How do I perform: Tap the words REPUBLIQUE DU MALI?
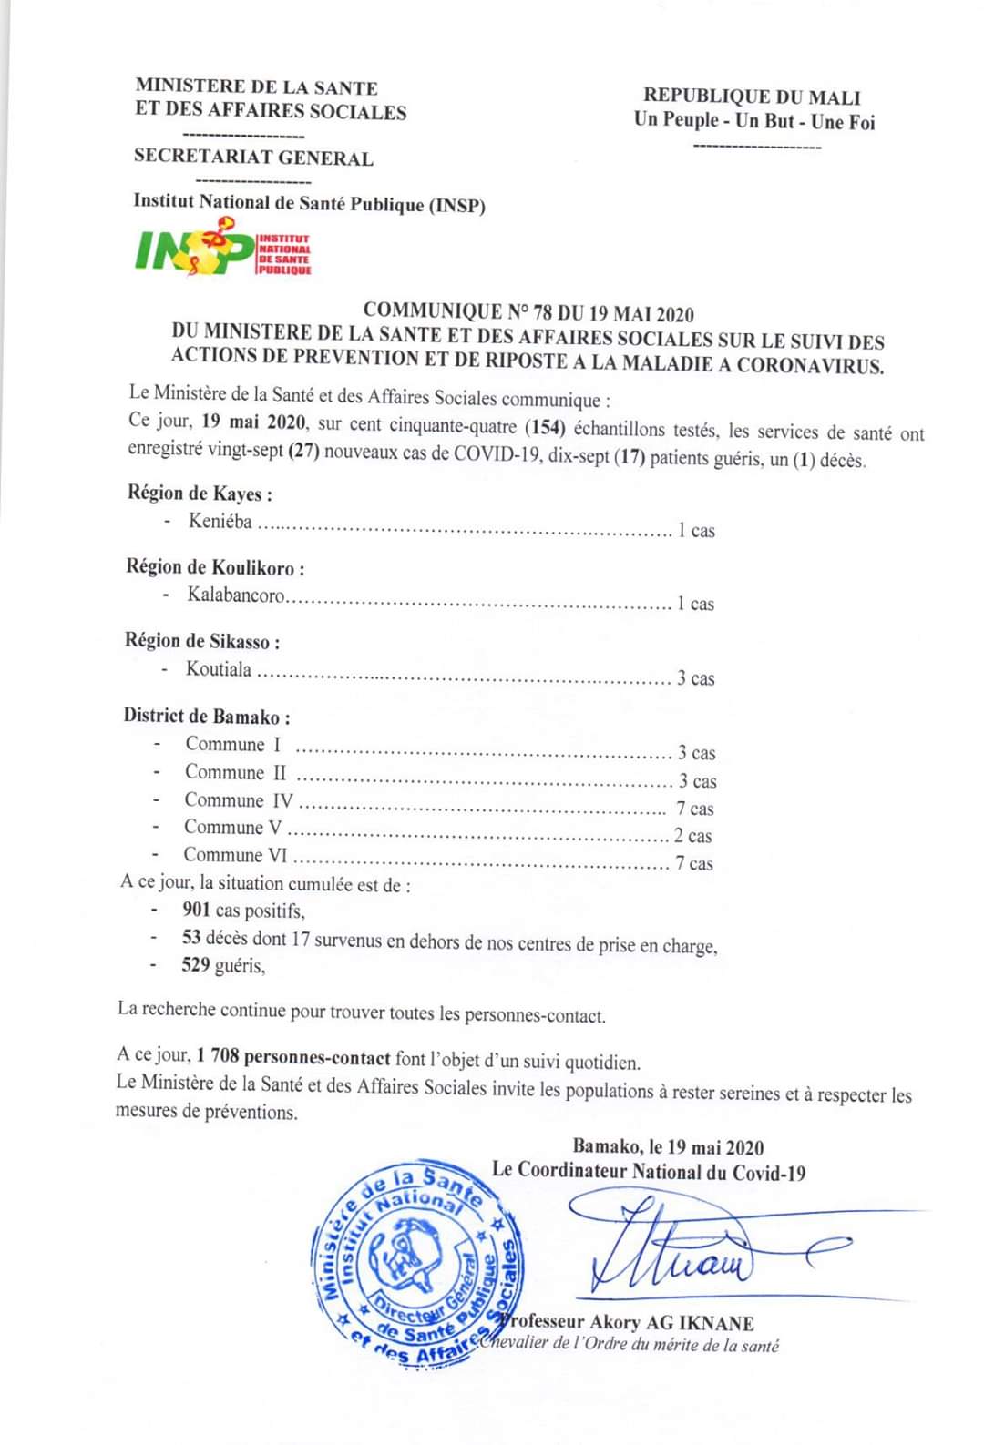pyautogui.click(x=752, y=97)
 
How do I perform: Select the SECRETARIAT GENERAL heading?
pyautogui.click(x=253, y=157)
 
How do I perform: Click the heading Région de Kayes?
pyautogui.click(x=200, y=494)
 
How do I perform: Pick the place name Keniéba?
pyautogui.click(x=220, y=522)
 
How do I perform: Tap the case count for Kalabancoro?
pyautogui.click(x=695, y=603)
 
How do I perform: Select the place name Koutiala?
pyautogui.click(x=219, y=669)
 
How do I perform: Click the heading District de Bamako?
pyautogui.click(x=207, y=716)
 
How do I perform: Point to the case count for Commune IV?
pyautogui.click(x=694, y=809)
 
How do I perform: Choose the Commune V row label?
pyautogui.click(x=233, y=827)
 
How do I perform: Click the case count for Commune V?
pyautogui.click(x=693, y=836)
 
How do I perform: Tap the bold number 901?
pyautogui.click(x=196, y=909)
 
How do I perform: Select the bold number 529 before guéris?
pyautogui.click(x=196, y=965)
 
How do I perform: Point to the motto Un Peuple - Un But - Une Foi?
pyautogui.click(x=754, y=120)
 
